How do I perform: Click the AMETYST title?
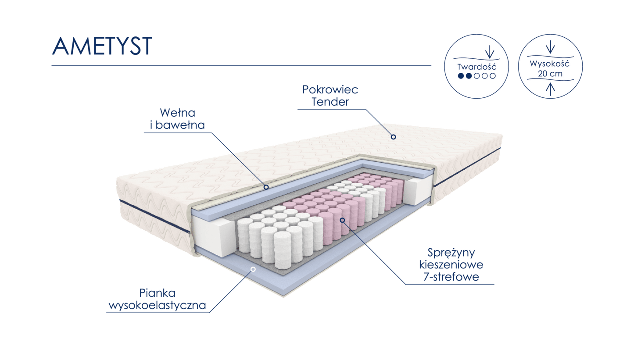click(102, 46)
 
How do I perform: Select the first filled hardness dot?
click(461, 76)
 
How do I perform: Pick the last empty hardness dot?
click(492, 76)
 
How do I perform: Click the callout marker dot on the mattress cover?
click(394, 137)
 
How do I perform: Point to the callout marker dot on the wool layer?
click(266, 187)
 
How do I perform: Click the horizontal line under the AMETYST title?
click(241, 65)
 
